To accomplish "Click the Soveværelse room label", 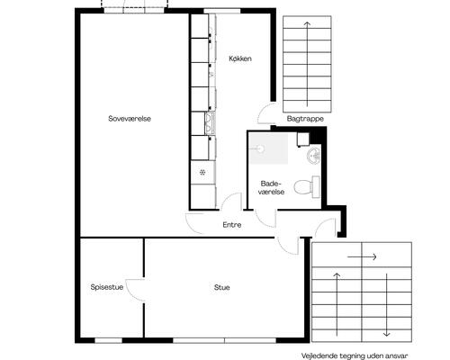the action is coord(130,119).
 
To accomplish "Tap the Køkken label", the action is coord(240,58).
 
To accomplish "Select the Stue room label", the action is coord(222,287).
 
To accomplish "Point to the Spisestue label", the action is coord(107,287).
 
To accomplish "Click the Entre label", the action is coord(232,225).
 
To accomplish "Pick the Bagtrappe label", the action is coord(305,119).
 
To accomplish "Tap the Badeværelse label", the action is coord(271,188).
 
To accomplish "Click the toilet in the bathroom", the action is coord(306,187).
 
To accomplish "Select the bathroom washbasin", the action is coord(314,156).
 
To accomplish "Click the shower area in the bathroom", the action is coord(269,148).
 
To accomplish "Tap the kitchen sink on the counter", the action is coord(210,123).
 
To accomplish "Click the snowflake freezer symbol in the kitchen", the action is coord(202,172).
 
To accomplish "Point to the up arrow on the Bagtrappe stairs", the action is coord(307,64).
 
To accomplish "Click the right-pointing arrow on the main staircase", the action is coord(362,256).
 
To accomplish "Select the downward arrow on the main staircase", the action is coord(387,305).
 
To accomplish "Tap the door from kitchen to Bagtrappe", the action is coord(264,113).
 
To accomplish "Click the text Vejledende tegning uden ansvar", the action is coord(355,356).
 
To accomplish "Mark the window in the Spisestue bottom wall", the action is coord(109,340).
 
